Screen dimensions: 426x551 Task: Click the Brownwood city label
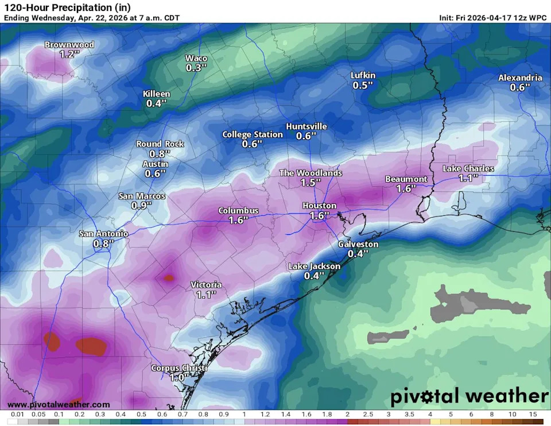pyautogui.click(x=69, y=45)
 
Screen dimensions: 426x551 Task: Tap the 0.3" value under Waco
pyautogui.click(x=196, y=68)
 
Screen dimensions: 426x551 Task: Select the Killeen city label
pyautogui.click(x=156, y=94)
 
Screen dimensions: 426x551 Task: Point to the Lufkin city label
pyautogui.click(x=363, y=75)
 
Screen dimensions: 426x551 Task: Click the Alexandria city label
pyautogui.click(x=520, y=78)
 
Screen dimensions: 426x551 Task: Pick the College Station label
pyautogui.click(x=253, y=134)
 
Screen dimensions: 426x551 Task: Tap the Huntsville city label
pyautogui.click(x=306, y=126)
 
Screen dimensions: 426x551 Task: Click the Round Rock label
pyautogui.click(x=160, y=144)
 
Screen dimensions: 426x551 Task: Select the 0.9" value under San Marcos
pyautogui.click(x=142, y=206)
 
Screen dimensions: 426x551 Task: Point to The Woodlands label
pyautogui.click(x=311, y=173)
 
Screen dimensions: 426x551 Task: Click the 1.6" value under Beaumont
pyautogui.click(x=406, y=189)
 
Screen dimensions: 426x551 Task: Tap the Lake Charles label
pyautogui.click(x=468, y=168)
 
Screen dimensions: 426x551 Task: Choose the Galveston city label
pyautogui.click(x=358, y=244)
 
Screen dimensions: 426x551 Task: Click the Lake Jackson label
pyautogui.click(x=314, y=266)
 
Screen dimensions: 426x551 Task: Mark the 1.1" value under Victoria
pyautogui.click(x=206, y=295)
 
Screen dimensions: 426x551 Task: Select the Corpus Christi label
pyautogui.click(x=179, y=368)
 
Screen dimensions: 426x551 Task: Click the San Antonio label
pyautogui.click(x=103, y=234)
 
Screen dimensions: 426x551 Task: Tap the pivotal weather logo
pyautogui.click(x=469, y=396)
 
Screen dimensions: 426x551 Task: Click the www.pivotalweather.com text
pyautogui.click(x=59, y=405)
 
